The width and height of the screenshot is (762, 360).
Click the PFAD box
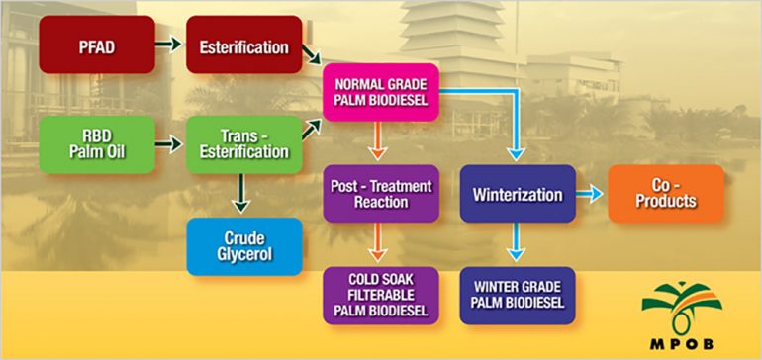coord(97,45)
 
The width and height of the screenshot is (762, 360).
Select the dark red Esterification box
coord(243,45)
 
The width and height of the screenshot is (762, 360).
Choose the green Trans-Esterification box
coord(243,144)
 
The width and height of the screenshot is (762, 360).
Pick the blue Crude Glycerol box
coord(243,245)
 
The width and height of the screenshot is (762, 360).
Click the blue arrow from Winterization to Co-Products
coord(590,194)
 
